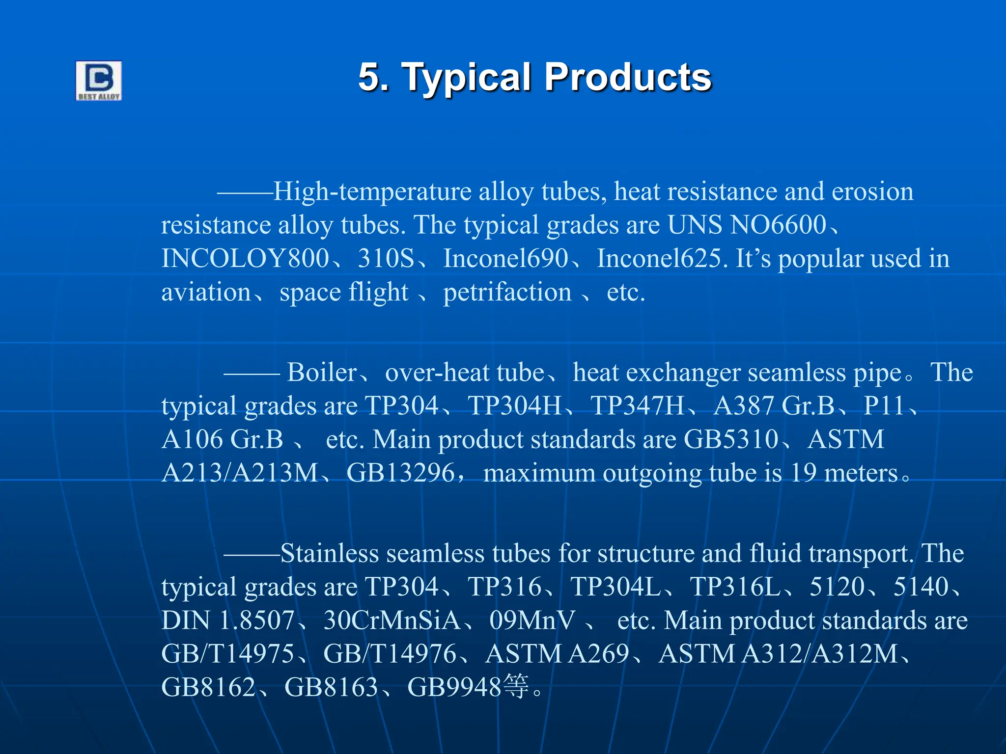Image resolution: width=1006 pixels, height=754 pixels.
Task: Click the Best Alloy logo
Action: [98, 81]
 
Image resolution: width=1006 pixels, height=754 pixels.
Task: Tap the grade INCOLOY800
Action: [245, 258]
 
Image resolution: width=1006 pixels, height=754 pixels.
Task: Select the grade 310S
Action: [386, 258]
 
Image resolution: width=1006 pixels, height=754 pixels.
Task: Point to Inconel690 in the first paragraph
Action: [505, 258]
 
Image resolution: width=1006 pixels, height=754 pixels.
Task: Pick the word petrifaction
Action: [507, 292]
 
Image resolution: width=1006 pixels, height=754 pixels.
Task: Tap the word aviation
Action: [206, 292]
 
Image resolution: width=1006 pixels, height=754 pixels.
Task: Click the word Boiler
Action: [322, 372]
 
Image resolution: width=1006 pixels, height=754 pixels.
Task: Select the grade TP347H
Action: [637, 406]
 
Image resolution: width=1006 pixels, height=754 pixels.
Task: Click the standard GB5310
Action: [731, 439]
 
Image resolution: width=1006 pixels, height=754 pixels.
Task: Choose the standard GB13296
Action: [400, 473]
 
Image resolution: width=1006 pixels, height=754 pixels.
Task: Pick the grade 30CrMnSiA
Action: [391, 620]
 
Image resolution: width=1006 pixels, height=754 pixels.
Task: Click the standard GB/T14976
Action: [390, 654]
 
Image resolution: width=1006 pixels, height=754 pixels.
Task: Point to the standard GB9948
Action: [454, 687]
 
